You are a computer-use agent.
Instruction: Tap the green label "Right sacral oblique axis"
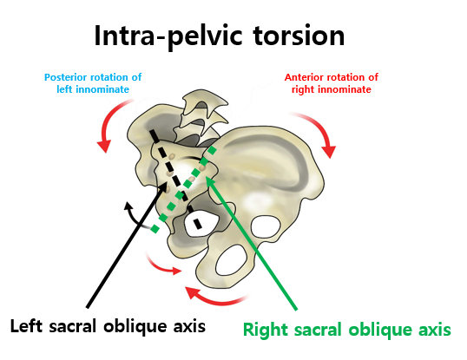pyautogui.click(x=347, y=330)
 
